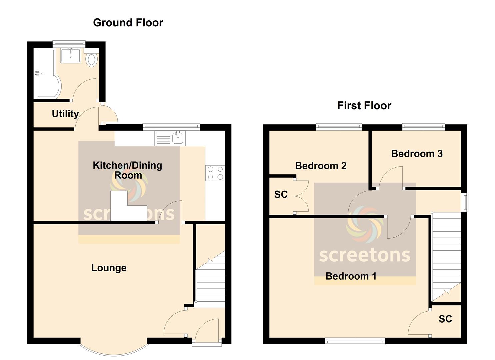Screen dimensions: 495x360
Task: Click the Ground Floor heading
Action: [128, 23]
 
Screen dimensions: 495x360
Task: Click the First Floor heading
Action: [364, 106]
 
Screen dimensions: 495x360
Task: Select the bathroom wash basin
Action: [70, 55]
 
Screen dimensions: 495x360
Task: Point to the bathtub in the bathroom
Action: [47, 74]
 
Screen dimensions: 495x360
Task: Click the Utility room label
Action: [65, 114]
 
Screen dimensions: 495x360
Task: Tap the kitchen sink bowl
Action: [178, 138]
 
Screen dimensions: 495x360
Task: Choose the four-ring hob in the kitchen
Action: [215, 173]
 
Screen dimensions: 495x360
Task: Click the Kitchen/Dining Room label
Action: [128, 170]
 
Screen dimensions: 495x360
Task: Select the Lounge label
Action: [109, 268]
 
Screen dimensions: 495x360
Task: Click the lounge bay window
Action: [114, 350]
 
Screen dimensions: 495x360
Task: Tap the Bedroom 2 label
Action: [321, 166]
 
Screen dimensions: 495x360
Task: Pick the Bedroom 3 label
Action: [417, 154]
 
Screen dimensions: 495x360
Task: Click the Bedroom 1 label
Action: [351, 276]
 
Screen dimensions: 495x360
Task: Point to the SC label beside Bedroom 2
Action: [281, 194]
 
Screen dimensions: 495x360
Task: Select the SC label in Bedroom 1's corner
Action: [445, 319]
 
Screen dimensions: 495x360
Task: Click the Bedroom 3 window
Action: [423, 127]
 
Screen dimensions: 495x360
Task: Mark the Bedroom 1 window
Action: [355, 341]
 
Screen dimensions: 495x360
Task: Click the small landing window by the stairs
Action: [466, 202]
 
